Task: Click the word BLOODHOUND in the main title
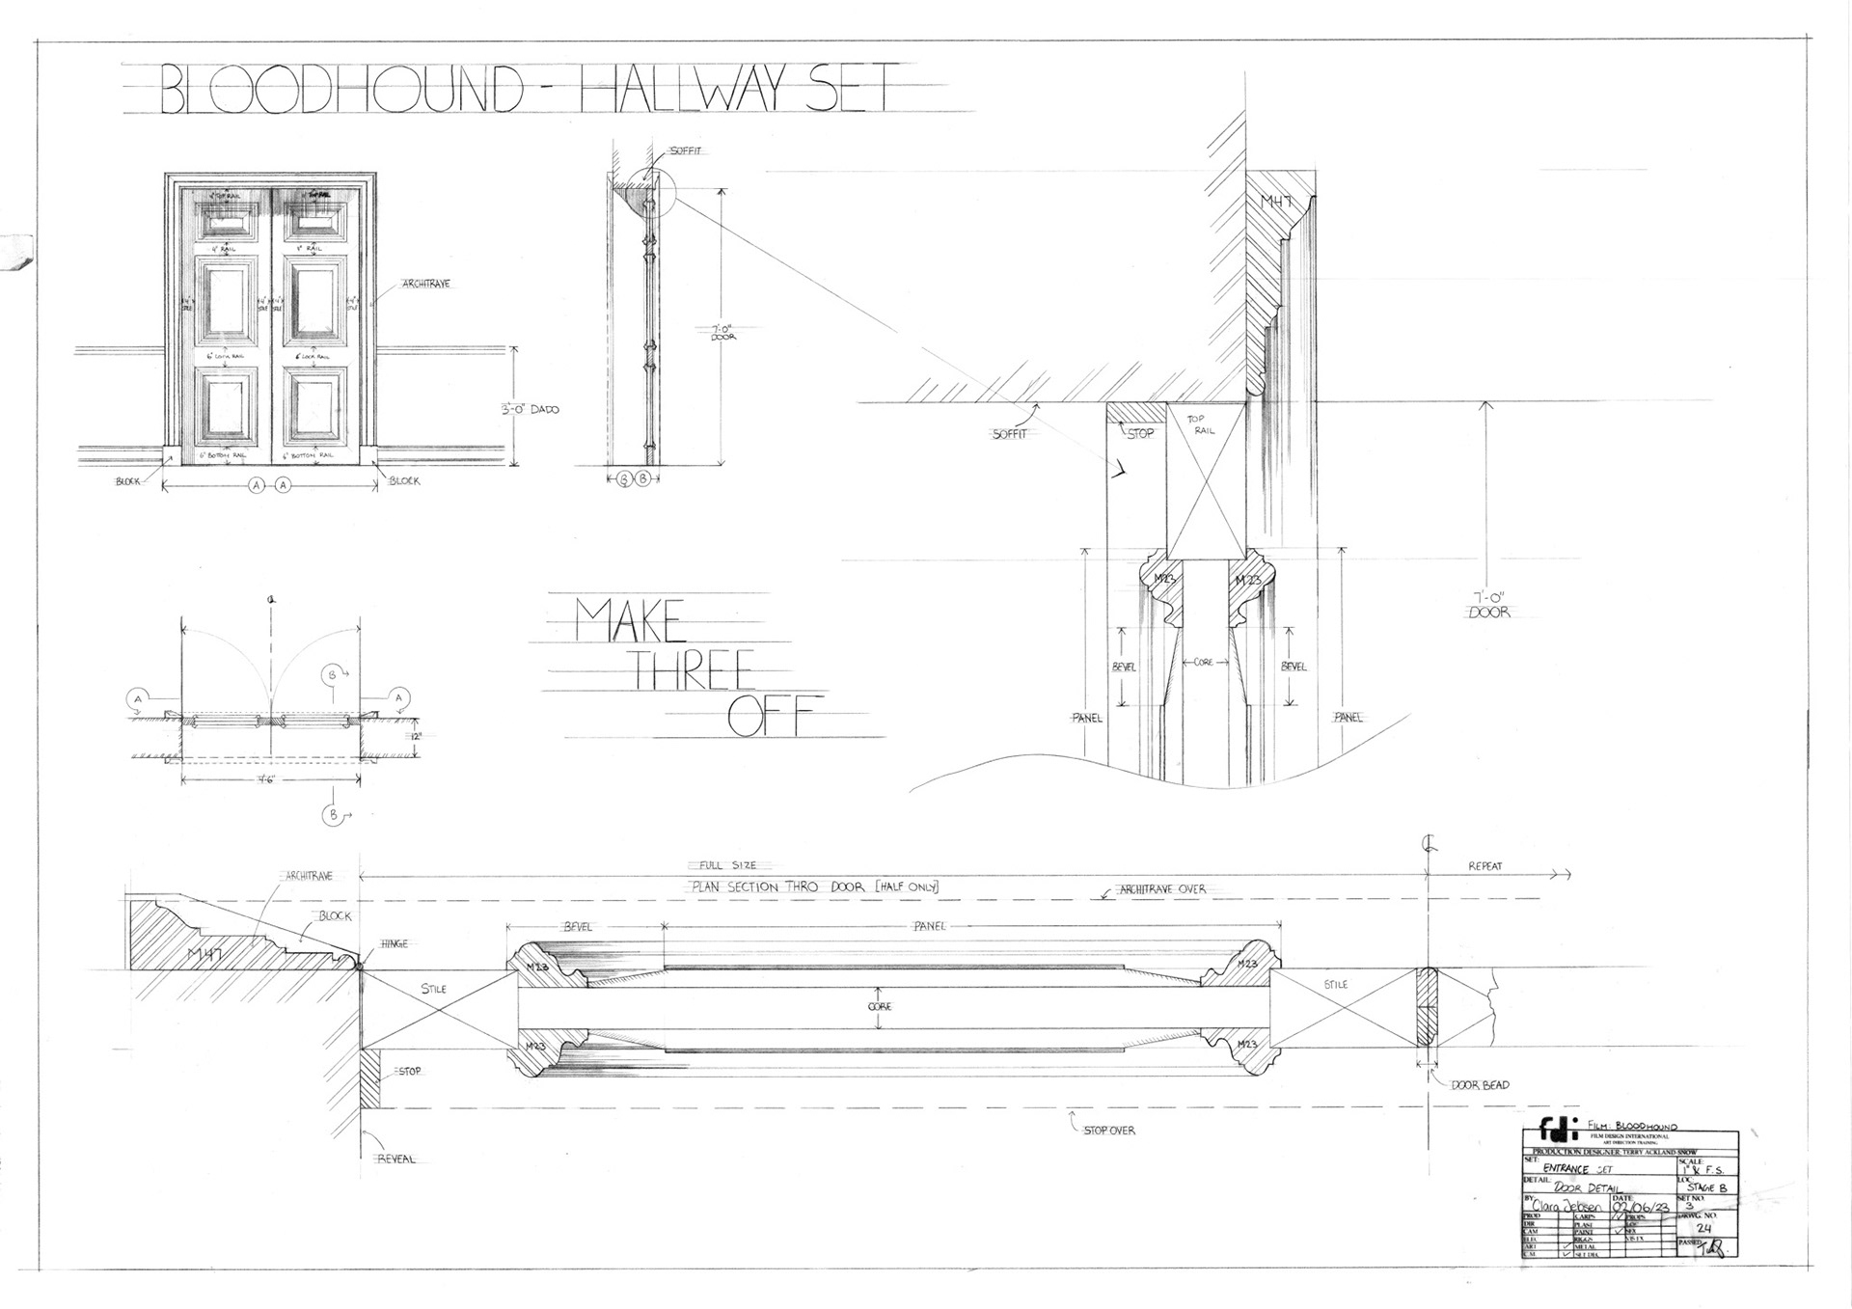pos(340,90)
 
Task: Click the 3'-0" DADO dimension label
pos(530,409)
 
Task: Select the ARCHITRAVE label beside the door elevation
pos(425,284)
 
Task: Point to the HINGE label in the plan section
pos(394,943)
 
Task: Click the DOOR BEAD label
pos(1480,1084)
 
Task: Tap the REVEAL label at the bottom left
pos(395,1159)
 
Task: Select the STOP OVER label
pos(1109,1130)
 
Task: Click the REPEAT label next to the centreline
pos(1484,865)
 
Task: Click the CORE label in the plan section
pos(879,1006)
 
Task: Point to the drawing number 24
pos(1703,1228)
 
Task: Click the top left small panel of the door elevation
pos(231,223)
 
